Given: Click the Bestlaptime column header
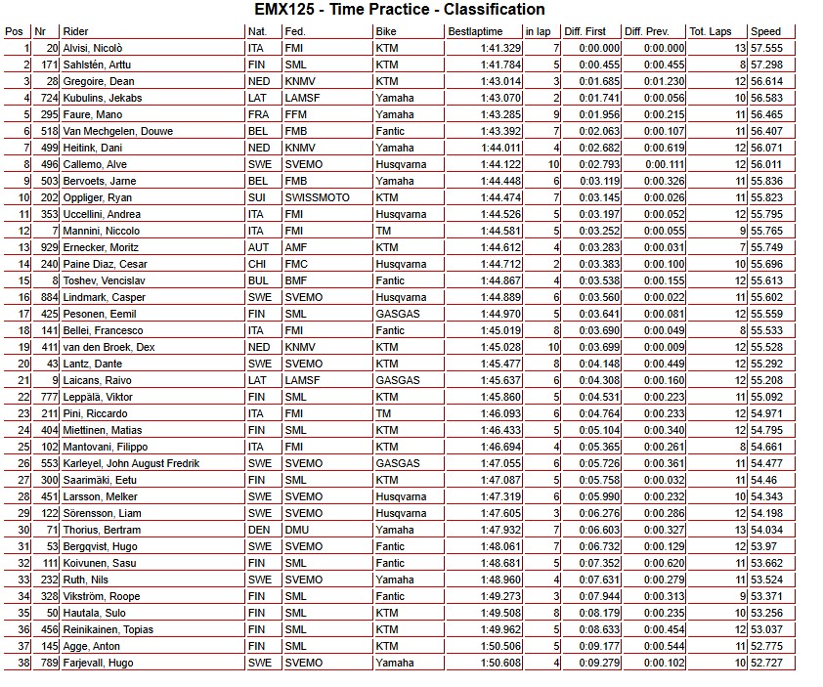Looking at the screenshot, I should tap(474, 31).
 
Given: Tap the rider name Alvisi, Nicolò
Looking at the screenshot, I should tap(93, 48).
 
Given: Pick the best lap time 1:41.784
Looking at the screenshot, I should tap(500, 64).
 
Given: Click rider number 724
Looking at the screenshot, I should tap(49, 98).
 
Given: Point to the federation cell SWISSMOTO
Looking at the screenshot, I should tap(311, 197).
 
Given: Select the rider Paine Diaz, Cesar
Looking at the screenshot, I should tap(105, 264).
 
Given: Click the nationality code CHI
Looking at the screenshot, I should tap(257, 264).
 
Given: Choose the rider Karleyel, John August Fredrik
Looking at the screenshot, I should tap(130, 463).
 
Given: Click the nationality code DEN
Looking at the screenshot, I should tap(258, 530).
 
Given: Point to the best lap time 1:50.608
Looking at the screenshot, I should tap(500, 663).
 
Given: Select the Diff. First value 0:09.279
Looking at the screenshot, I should tap(599, 663).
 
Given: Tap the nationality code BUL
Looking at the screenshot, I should tap(257, 280).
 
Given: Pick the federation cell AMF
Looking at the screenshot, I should tap(294, 247).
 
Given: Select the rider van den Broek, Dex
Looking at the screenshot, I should tap(108, 347).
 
